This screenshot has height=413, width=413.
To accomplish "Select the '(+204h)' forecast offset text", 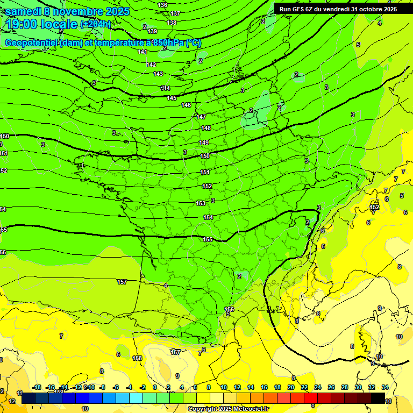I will (x=96, y=24).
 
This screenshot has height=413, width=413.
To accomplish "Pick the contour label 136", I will (x=162, y=5).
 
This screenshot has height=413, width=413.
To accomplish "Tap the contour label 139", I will (x=153, y=32).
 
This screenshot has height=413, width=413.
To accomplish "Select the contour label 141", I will (x=143, y=52).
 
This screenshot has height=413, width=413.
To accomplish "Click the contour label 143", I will (x=158, y=74).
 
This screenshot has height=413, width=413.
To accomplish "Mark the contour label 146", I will (x=186, y=105).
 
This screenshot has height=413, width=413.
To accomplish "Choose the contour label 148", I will (x=206, y=128).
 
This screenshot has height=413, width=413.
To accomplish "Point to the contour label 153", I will (x=201, y=203).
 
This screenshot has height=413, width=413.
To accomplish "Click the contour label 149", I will (x=204, y=143).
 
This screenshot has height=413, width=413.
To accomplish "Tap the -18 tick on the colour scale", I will (x=37, y=387).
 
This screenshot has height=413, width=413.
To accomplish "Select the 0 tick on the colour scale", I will (x=155, y=387).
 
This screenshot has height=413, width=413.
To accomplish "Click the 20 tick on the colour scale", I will (x=290, y=387).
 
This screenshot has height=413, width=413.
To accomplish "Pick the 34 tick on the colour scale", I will (x=385, y=387).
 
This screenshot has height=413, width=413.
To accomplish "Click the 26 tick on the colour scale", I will (x=331, y=387).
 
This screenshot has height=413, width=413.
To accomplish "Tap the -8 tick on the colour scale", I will (x=102, y=387).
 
